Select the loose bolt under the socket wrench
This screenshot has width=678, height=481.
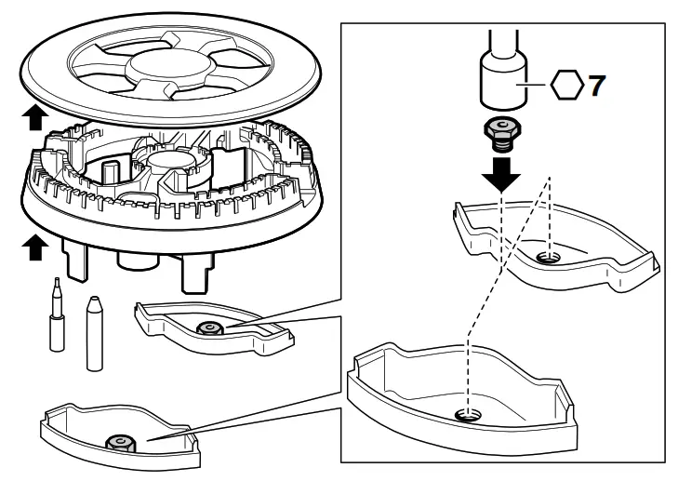pyautogui.click(x=503, y=136)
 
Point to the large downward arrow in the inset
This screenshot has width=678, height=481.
pyautogui.click(x=503, y=173)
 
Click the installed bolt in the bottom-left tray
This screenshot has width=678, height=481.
pyautogui.click(x=118, y=443)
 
